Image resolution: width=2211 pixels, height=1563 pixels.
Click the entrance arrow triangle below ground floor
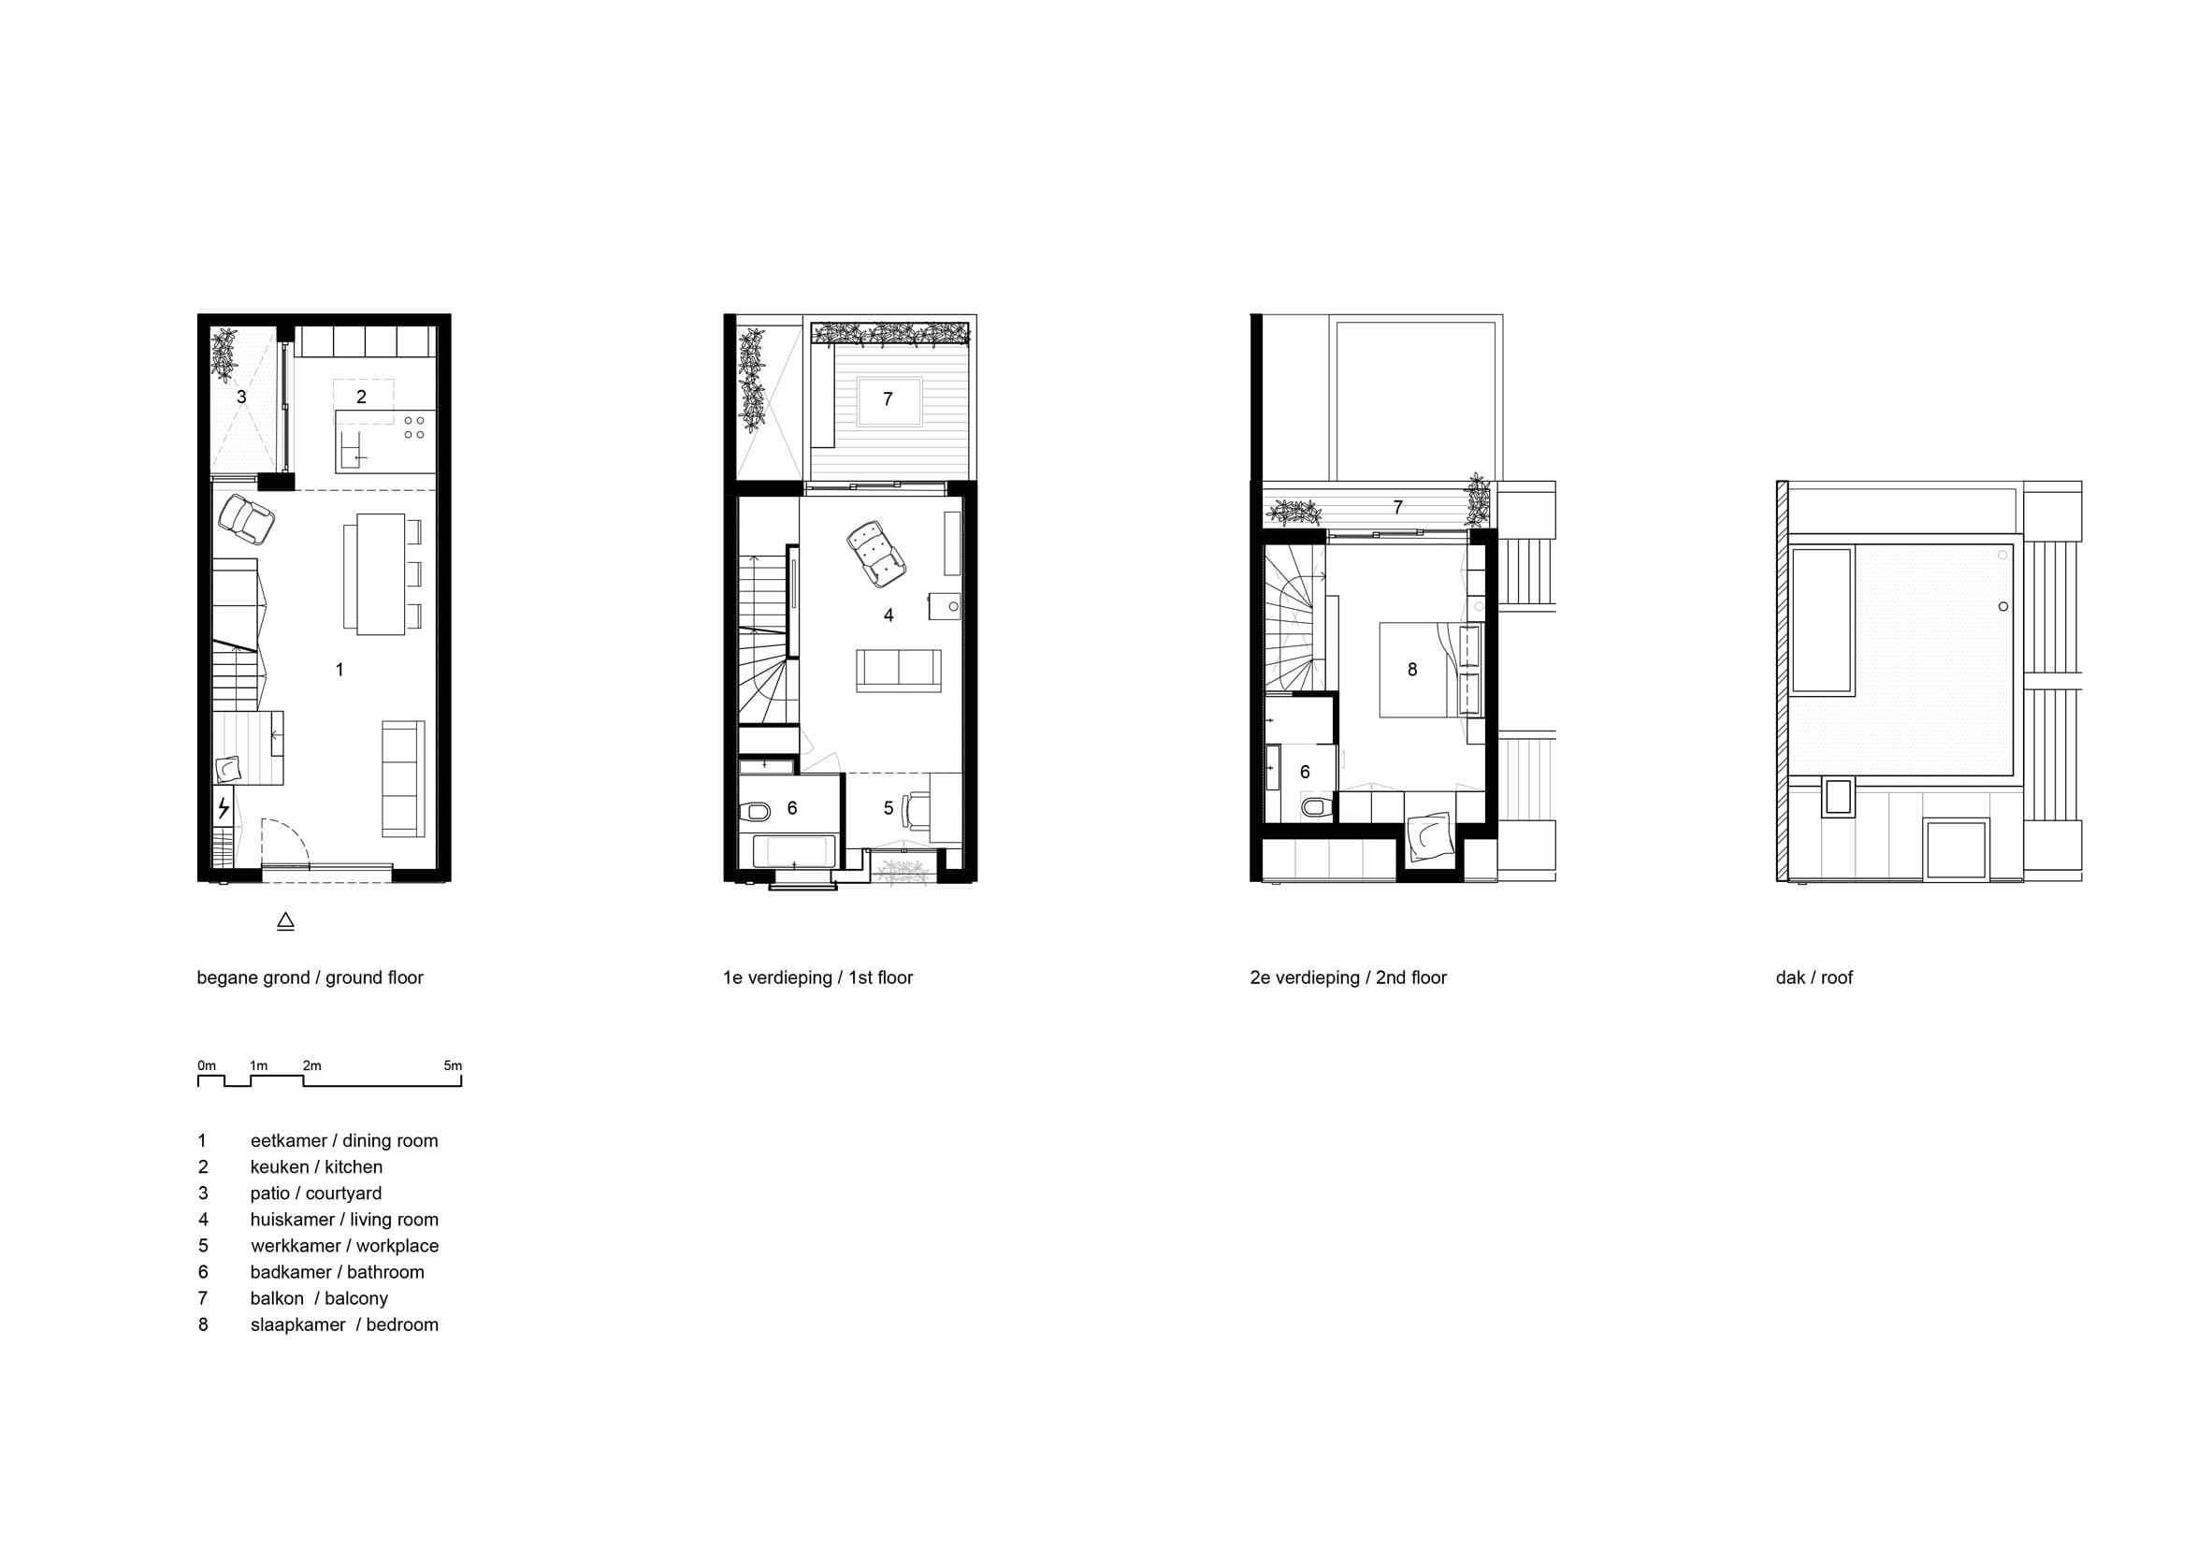click(285, 921)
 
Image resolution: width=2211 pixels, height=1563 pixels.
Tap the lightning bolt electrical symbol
click(224, 807)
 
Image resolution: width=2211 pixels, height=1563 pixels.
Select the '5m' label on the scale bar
click(453, 1065)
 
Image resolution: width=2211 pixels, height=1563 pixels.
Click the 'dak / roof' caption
click(1814, 977)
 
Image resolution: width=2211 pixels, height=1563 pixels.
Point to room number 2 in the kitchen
click(361, 397)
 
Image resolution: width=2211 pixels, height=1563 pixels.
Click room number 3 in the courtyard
click(241, 397)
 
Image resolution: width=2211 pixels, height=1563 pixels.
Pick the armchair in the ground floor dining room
click(247, 519)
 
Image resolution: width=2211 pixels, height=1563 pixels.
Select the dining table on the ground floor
click(381, 574)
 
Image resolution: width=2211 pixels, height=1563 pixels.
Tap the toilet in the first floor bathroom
click(755, 811)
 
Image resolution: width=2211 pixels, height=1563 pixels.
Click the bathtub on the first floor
click(794, 852)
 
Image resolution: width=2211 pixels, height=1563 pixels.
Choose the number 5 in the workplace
click(889, 809)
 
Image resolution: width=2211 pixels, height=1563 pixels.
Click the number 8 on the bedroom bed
click(1412, 671)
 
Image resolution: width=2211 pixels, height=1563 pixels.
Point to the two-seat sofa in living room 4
click(899, 671)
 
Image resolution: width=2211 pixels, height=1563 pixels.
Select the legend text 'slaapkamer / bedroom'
click(344, 1324)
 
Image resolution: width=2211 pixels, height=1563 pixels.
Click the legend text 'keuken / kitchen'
click(316, 1166)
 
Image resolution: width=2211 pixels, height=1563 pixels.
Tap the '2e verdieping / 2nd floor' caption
click(1348, 977)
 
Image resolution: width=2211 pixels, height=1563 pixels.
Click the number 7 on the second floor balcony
click(1398, 508)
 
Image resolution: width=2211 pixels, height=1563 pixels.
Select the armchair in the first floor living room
click(875, 553)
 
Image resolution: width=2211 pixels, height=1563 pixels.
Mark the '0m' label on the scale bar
click(207, 1065)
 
